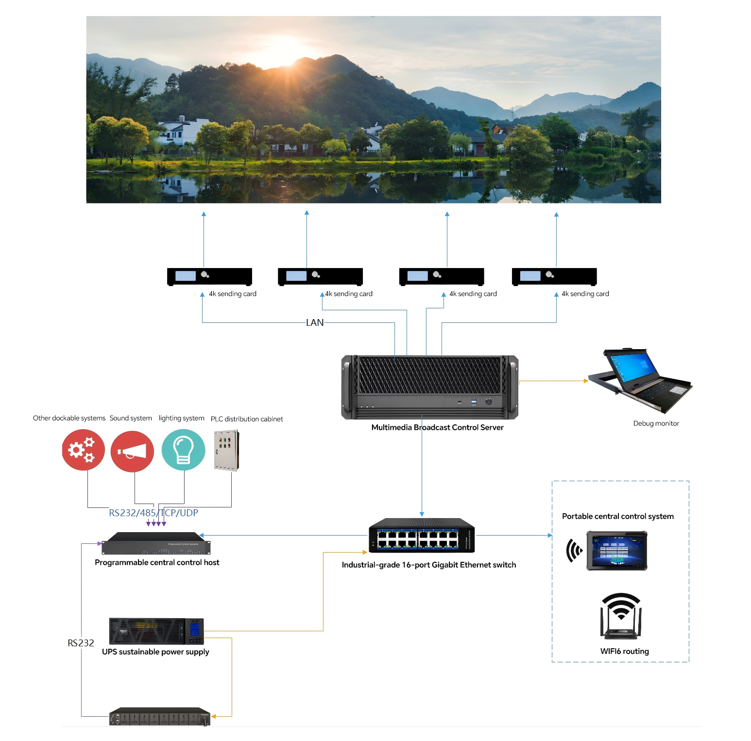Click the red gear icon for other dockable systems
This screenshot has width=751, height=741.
pyautogui.click(x=83, y=450)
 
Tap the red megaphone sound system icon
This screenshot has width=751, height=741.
pyautogui.click(x=132, y=451)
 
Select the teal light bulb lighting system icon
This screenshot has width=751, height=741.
pyautogui.click(x=183, y=450)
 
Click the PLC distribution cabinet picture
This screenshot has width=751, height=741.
pyautogui.click(x=226, y=450)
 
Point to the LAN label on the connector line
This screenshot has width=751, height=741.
pyautogui.click(x=315, y=322)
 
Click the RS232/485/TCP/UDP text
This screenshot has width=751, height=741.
pyautogui.click(x=153, y=513)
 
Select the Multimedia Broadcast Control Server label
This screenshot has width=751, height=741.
pyautogui.click(x=437, y=427)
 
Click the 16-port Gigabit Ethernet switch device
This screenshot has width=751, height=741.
pyautogui.click(x=421, y=536)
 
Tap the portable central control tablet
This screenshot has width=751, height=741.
pyautogui.click(x=617, y=550)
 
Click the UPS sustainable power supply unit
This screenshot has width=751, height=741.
pyautogui.click(x=156, y=631)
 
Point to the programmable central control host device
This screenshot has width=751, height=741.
pyautogui.click(x=156, y=544)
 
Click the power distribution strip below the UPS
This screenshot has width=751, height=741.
pyautogui.click(x=160, y=717)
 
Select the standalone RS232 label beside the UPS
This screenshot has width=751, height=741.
pyautogui.click(x=81, y=643)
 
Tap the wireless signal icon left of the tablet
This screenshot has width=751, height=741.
pyautogui.click(x=574, y=551)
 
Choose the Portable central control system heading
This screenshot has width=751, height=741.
pyautogui.click(x=617, y=516)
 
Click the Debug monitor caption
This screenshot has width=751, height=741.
pyautogui.click(x=656, y=423)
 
